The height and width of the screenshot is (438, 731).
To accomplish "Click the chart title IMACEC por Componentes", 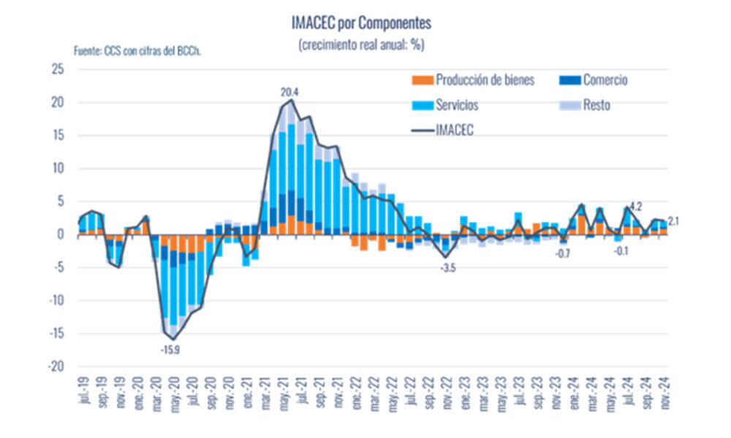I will (361, 23).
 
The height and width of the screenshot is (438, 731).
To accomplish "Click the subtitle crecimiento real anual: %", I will (361, 45).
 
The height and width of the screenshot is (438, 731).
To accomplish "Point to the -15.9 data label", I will (170, 350).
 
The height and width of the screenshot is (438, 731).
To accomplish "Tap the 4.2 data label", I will (635, 205).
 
